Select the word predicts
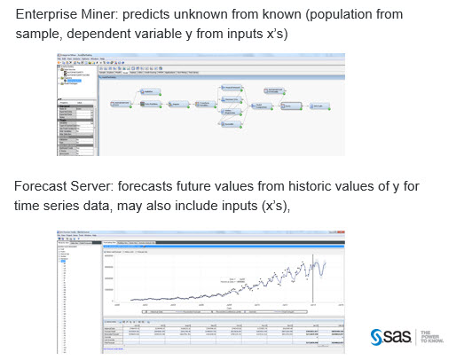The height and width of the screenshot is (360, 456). tap(150, 15)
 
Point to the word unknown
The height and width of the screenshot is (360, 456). tap(210, 15)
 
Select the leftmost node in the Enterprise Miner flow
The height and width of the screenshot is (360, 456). tap(119, 104)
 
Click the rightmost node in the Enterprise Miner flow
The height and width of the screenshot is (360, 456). tap(318, 106)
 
